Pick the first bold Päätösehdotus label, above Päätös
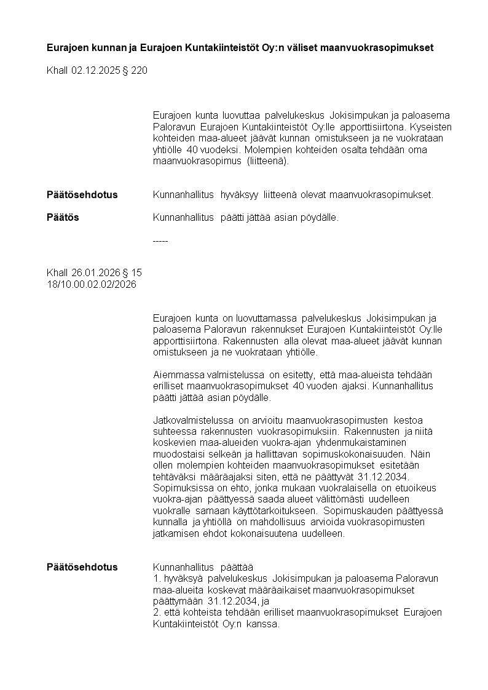(82, 195)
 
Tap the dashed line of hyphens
(160, 240)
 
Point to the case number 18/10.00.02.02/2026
(92, 284)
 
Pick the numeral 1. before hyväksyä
(156, 579)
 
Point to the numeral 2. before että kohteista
(156, 613)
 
